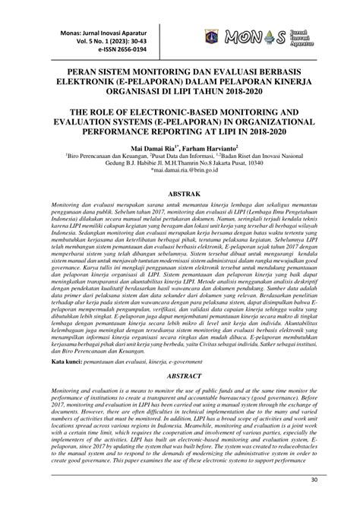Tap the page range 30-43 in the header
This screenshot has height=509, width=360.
coord(96,34)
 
